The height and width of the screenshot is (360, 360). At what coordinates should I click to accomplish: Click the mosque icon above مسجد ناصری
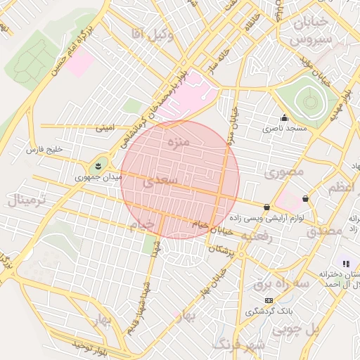click(284, 117)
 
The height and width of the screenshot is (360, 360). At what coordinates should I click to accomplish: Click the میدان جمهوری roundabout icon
click(98, 167)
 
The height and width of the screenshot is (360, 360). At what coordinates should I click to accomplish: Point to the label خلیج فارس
click(44, 150)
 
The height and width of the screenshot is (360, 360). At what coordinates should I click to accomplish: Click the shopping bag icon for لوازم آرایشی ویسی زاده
click(266, 207)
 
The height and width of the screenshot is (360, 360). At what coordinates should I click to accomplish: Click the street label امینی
click(104, 129)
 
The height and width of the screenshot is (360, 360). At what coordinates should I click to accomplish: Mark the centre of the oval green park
click(310, 102)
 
